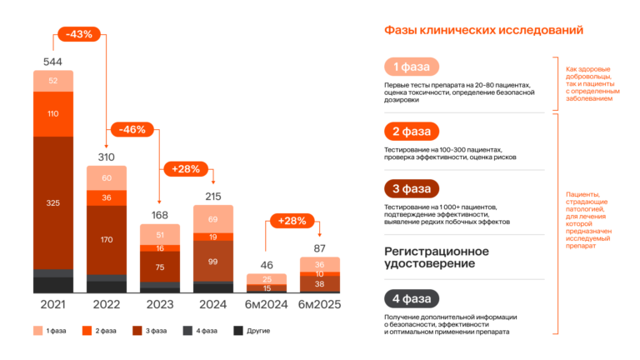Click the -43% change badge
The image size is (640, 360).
[x=79, y=34]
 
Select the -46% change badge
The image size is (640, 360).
[x=133, y=129]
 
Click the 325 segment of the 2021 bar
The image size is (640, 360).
[x=52, y=202]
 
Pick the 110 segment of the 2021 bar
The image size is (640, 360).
[x=52, y=113]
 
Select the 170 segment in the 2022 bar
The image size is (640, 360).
[x=107, y=239]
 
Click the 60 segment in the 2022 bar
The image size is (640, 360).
[x=107, y=178]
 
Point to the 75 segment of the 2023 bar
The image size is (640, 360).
[x=160, y=267]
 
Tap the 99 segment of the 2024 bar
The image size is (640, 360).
[x=213, y=262]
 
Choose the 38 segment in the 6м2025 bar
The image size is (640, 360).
[x=320, y=283]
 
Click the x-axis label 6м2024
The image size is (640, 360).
[x=267, y=305]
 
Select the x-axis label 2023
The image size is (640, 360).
[x=160, y=305]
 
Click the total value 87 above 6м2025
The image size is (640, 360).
[x=320, y=248]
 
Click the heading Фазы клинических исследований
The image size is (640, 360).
[x=482, y=30]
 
